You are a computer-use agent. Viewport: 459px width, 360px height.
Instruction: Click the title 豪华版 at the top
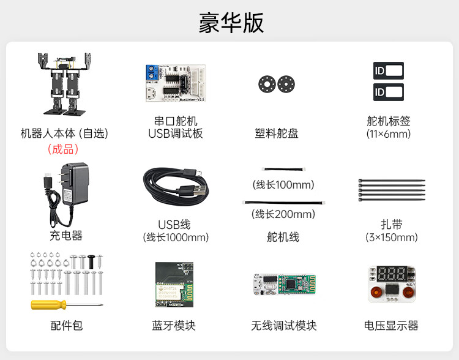[x=231, y=23]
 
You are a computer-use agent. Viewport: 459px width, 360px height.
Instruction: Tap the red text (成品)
[x=63, y=148]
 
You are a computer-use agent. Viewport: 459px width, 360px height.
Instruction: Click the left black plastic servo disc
[x=266, y=84]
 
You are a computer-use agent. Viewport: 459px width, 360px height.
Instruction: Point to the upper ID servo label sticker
[x=388, y=70]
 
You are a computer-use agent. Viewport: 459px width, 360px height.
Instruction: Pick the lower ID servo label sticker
[x=388, y=92]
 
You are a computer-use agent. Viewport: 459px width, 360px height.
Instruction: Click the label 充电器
[x=65, y=235]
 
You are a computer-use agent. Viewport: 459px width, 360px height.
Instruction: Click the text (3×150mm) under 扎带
[x=392, y=238]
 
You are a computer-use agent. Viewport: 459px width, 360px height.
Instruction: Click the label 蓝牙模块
[x=174, y=326]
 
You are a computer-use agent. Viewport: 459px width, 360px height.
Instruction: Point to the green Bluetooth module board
[x=174, y=285]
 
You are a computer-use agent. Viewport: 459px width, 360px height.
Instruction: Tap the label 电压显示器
[x=391, y=326]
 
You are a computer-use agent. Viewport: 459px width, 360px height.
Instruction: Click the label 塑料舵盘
[x=277, y=133]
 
